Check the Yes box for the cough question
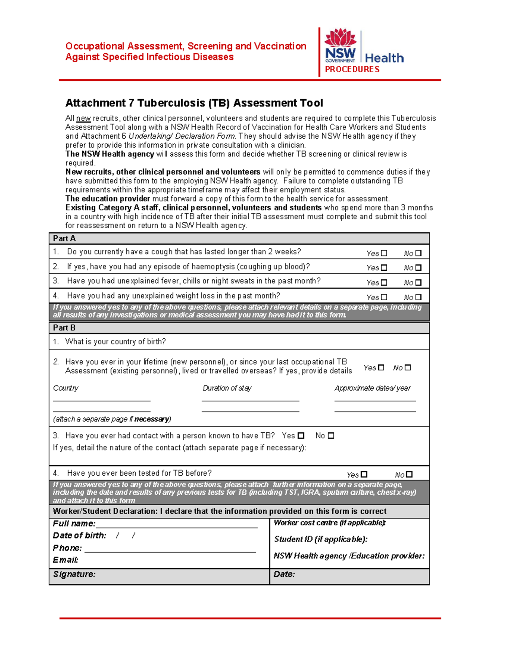point(384,253)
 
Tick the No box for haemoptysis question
point(418,267)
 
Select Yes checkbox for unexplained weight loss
point(384,297)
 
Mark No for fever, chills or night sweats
point(418,283)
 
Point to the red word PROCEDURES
point(352,70)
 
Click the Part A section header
point(64,239)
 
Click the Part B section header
point(64,328)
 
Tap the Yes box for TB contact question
point(301,436)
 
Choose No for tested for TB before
point(409,474)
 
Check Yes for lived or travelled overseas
point(381,367)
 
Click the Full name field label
point(74,524)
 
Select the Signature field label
point(74,574)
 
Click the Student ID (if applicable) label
point(320,539)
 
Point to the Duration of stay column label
point(227,388)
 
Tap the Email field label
point(65,560)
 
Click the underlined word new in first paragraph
point(83,119)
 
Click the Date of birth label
point(79,536)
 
